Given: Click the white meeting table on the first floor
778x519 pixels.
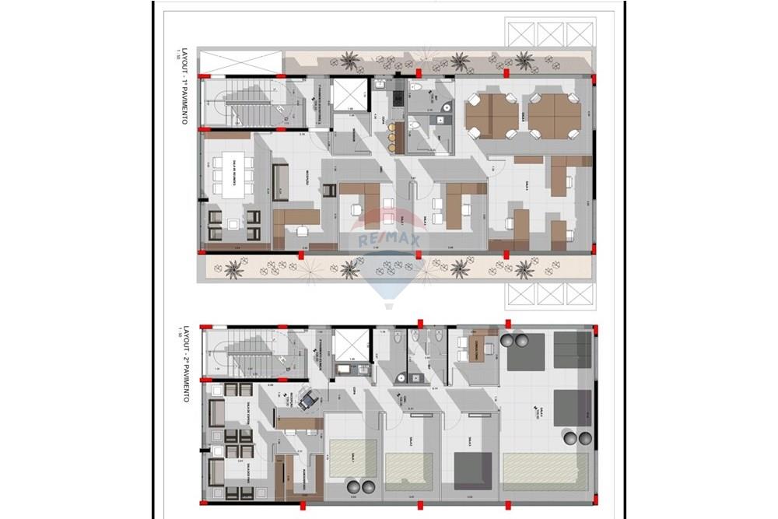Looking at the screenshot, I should [233, 175].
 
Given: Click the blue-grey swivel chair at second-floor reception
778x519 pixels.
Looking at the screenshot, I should [306, 400].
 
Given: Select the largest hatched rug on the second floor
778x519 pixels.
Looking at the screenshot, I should [545, 469].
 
